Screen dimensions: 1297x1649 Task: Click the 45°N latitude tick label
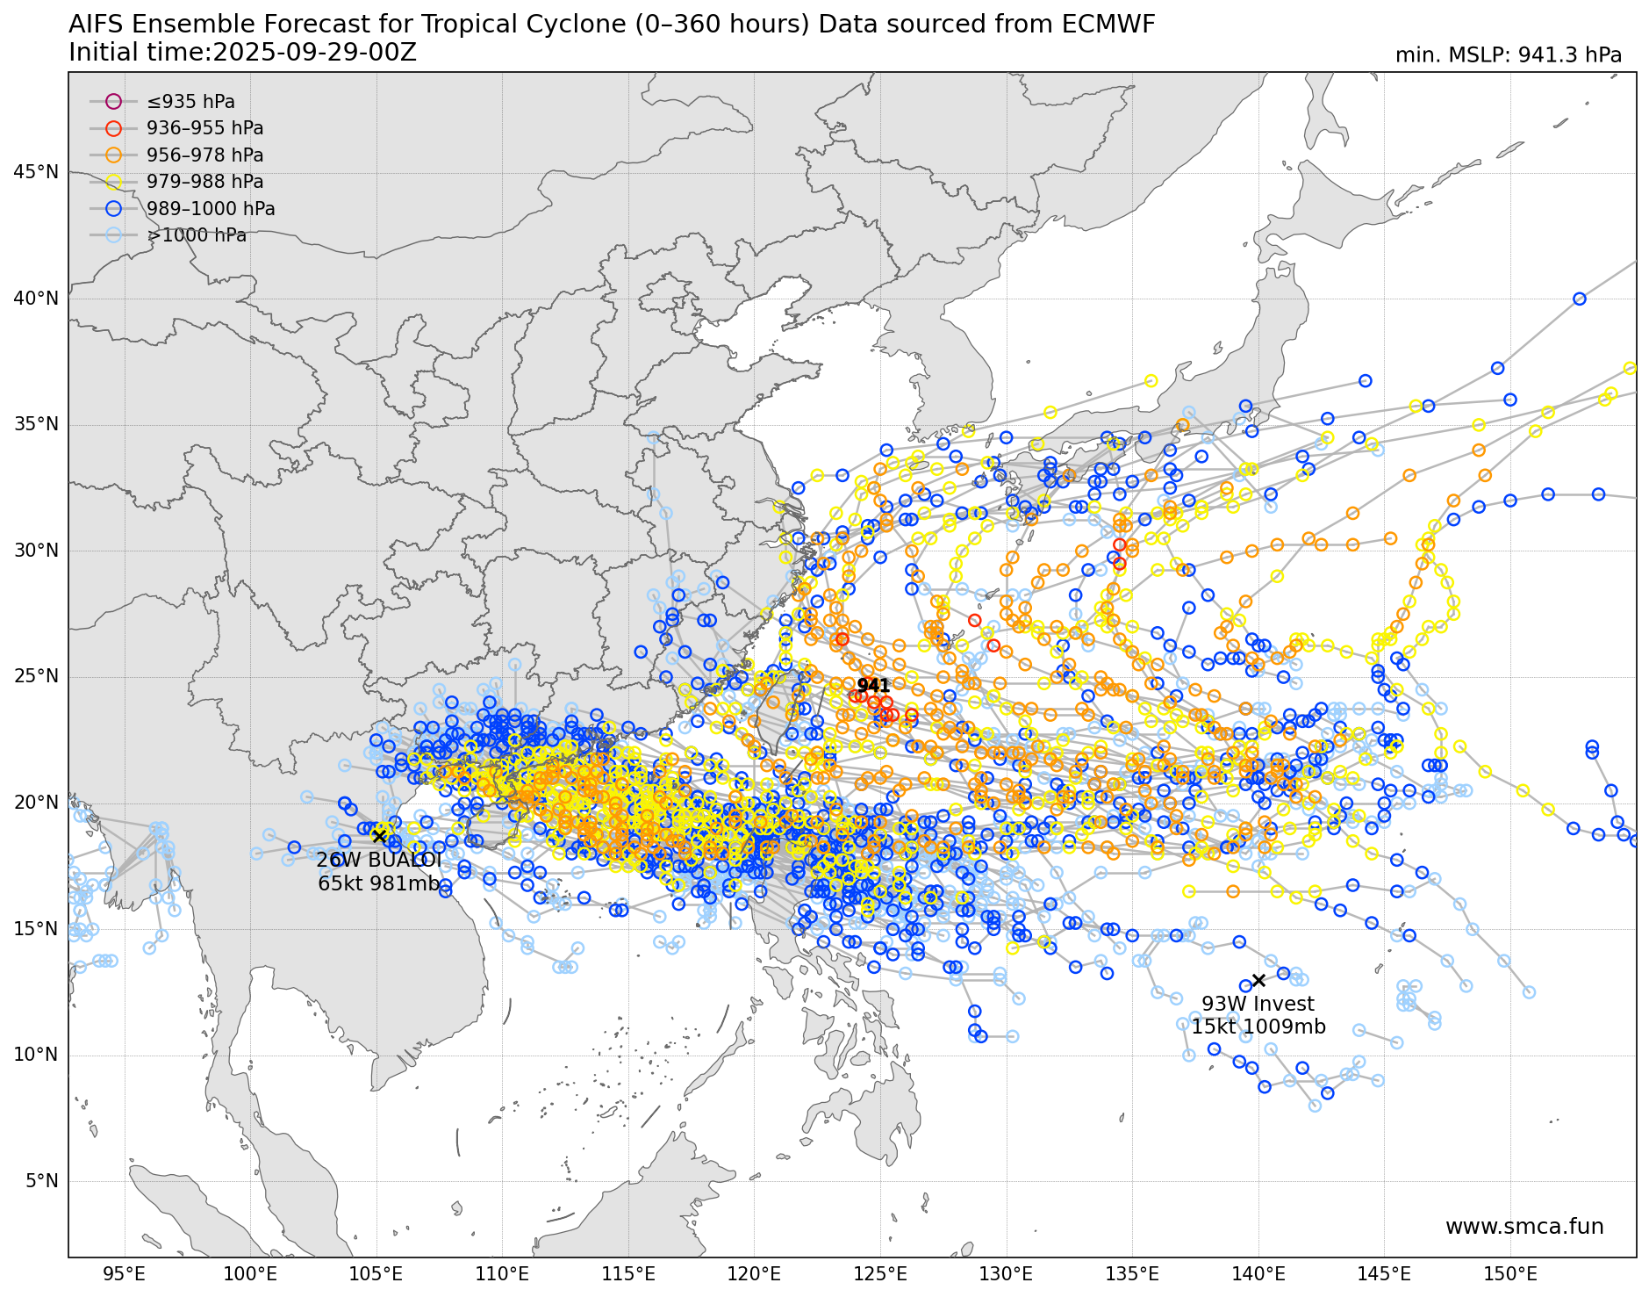click(x=36, y=172)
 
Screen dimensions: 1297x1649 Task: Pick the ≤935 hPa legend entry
click(x=190, y=102)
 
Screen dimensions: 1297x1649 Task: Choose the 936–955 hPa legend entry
click(x=204, y=128)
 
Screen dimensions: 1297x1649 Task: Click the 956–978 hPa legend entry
click(x=204, y=155)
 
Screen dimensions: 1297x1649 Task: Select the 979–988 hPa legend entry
click(x=204, y=182)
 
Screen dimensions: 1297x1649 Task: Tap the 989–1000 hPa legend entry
click(x=211, y=209)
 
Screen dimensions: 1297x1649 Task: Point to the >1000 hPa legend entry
click(x=197, y=235)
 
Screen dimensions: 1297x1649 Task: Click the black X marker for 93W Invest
click(x=1258, y=980)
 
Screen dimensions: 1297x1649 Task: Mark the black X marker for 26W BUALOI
click(x=379, y=836)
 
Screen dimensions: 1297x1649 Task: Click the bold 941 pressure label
click(x=873, y=686)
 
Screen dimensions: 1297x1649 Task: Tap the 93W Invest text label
click(x=1258, y=1004)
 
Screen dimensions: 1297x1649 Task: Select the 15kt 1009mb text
click(x=1258, y=1027)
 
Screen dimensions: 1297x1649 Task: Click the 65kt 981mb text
click(x=379, y=883)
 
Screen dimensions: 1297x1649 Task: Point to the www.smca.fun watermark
click(x=1524, y=1227)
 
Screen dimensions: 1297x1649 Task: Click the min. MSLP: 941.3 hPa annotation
click(x=1508, y=55)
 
